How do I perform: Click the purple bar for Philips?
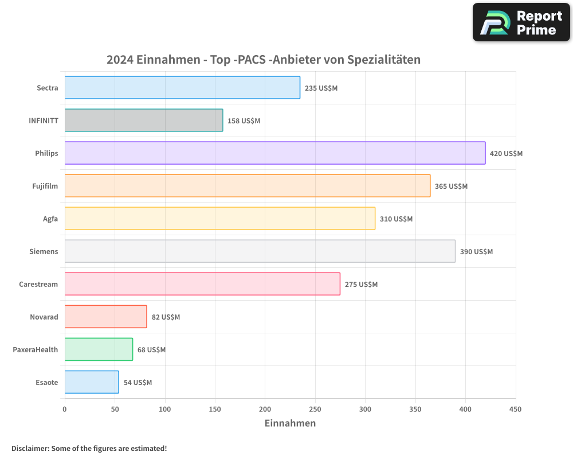[275, 153]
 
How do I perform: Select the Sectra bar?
[182, 88]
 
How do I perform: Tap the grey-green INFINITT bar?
[144, 120]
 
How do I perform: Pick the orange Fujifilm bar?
[248, 186]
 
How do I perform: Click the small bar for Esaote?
[92, 382]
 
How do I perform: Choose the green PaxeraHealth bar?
[99, 349]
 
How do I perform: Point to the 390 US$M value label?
[476, 251]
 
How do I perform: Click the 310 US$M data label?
[396, 219]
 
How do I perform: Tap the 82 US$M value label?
[166, 317]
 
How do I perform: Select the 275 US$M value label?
[361, 284]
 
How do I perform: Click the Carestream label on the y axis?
[38, 284]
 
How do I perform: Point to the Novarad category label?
[44, 317]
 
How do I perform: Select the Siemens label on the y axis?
[44, 251]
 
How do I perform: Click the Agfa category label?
[50, 219]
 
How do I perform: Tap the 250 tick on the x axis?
[315, 409]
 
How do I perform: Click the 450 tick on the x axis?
[516, 409]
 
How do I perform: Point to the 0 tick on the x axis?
[65, 409]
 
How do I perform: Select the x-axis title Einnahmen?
[290, 423]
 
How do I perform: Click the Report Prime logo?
[521, 22]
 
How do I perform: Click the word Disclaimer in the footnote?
[29, 448]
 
